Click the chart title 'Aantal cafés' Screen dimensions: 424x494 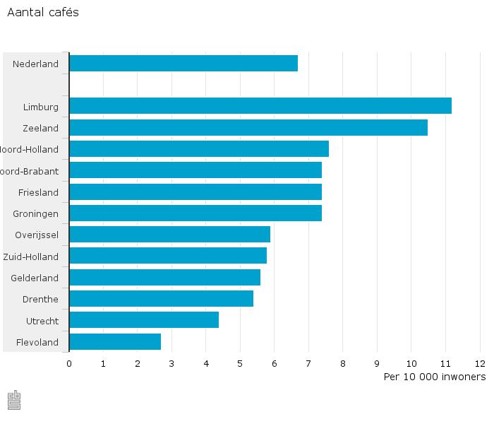[x=43, y=13]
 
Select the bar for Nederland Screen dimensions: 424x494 [x=183, y=63]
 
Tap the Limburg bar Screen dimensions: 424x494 [x=260, y=106]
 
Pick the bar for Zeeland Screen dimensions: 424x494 [x=248, y=128]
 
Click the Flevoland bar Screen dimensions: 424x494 [x=115, y=342]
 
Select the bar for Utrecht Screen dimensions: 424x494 [x=144, y=320]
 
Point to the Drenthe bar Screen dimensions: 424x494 [x=161, y=299]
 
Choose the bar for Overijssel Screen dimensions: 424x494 [x=169, y=235]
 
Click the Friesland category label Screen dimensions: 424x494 [x=39, y=192]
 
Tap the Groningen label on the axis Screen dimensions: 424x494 [x=36, y=213]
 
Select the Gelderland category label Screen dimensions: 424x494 [x=35, y=278]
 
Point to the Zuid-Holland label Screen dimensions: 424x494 [x=31, y=257]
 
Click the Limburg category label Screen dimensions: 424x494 [x=41, y=107]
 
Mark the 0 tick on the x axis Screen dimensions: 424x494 [x=69, y=364]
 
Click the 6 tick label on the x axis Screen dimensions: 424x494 [x=275, y=364]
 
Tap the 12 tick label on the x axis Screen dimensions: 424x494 [x=480, y=364]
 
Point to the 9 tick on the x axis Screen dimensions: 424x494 [x=377, y=364]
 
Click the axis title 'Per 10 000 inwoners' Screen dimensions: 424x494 [x=434, y=377]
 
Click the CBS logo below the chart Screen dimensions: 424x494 [x=14, y=400]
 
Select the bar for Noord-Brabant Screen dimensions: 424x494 [x=195, y=170]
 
